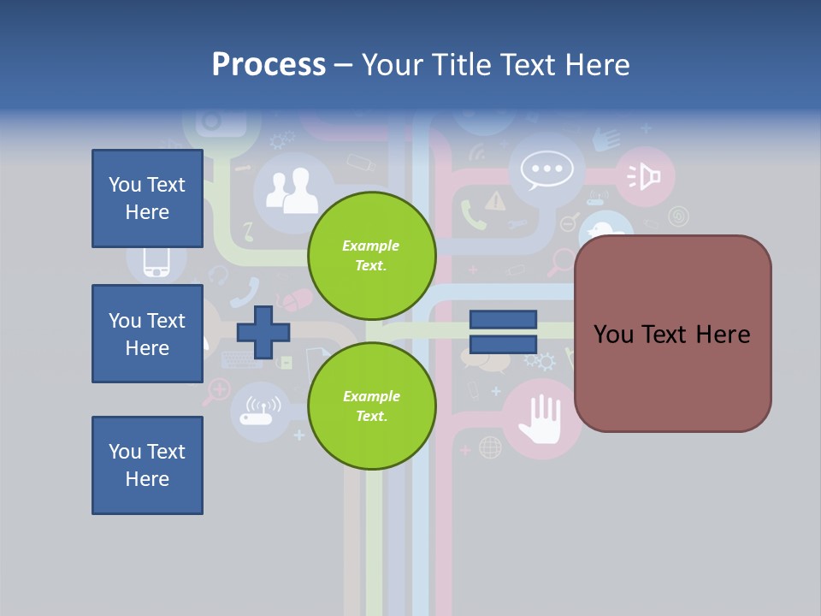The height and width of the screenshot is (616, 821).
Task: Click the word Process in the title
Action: pos(269,65)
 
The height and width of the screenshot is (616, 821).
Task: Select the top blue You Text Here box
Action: pos(147,198)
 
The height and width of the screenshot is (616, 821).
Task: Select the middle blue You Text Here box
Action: pos(147,334)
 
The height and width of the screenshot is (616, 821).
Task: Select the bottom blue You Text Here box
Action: pos(147,465)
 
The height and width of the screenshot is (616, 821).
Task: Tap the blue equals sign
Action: pos(503,333)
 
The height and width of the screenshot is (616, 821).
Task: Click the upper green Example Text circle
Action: pos(371,256)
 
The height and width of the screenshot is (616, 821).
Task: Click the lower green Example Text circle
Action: pos(371,406)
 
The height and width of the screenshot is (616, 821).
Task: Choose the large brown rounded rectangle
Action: pos(672,334)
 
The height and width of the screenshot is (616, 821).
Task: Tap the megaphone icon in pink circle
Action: pos(646,176)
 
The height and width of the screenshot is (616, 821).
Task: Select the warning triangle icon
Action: pos(495,201)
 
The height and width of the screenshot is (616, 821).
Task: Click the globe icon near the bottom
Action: pos(490,447)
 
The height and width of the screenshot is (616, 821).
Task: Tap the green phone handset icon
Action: pos(472,216)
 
